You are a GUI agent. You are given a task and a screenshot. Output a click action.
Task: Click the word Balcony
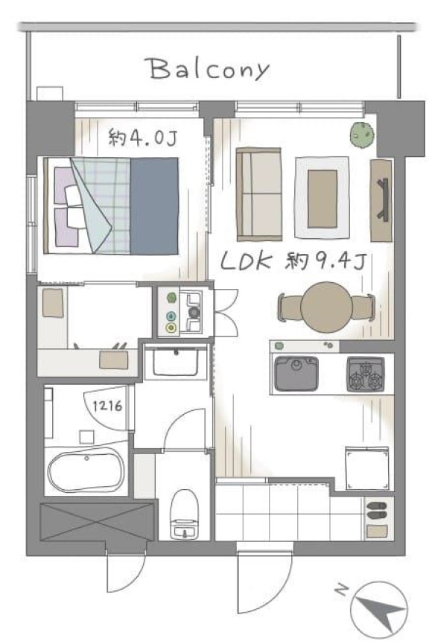pos(209,69)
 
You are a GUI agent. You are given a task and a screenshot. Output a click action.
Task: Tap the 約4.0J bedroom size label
pos(142,137)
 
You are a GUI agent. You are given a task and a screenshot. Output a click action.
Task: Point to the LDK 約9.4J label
pos(293,261)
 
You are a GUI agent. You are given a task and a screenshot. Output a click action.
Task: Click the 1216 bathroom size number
pos(107,407)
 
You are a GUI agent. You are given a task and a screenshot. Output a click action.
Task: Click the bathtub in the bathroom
pos(86,471)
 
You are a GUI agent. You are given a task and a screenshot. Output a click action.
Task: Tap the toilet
pos(185,514)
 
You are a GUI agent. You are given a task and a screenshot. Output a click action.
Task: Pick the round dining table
pos(326,307)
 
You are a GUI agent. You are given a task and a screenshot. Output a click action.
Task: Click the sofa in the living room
pos(259,194)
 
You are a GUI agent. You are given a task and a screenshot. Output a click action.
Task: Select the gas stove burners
pos(366,374)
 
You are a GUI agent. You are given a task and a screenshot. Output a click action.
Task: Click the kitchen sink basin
pos(296,373)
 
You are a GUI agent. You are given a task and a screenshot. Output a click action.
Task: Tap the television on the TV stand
pos(384,200)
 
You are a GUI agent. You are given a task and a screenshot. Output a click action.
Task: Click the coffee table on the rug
pos(322,199)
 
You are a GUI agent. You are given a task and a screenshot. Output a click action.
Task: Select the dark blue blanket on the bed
pos(154,205)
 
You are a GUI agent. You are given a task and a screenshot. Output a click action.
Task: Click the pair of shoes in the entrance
pos(376,510)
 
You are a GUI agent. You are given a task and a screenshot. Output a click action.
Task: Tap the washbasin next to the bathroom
pos(176,362)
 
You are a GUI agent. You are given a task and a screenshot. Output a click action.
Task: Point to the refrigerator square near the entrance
pos(367,468)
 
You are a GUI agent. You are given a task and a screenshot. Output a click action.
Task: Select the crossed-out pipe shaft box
pos(97,522)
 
